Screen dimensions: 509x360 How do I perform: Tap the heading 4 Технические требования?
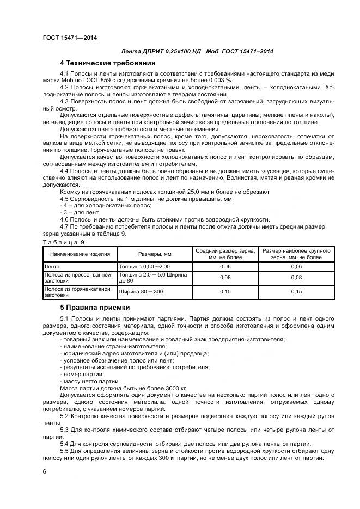tap(104, 62)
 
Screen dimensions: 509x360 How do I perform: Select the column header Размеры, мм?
tap(155, 254)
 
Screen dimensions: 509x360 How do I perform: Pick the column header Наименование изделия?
tap(80, 254)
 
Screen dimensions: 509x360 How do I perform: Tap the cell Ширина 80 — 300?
tap(141, 292)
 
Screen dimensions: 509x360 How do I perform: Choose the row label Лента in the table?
tap(52, 266)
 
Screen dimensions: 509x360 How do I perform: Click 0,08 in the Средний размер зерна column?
tap(225, 277)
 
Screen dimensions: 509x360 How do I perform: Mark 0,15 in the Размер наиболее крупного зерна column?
tap(296, 292)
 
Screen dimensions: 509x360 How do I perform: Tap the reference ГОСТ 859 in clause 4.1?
tap(101, 79)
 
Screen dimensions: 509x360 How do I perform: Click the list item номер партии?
tap(81, 375)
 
